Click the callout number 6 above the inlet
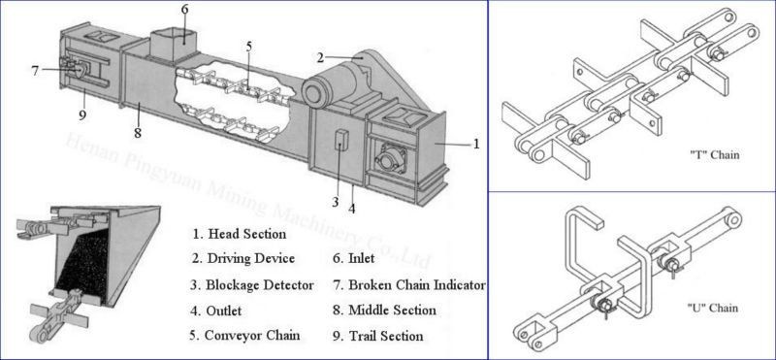185,10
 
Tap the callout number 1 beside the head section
475,144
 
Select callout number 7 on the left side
35,70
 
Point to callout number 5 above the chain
248,47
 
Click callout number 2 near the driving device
320,57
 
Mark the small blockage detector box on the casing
339,140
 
